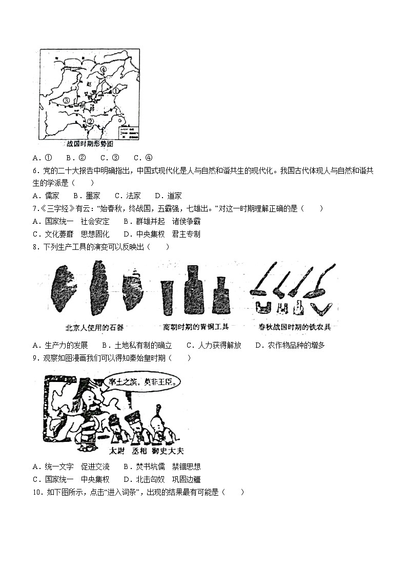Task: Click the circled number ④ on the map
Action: [103, 69]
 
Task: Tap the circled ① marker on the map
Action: [115, 91]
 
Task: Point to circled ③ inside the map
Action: [66, 100]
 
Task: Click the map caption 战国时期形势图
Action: [90, 144]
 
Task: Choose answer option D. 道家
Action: [168, 196]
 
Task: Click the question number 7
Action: [34, 208]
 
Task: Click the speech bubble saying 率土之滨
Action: [142, 381]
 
